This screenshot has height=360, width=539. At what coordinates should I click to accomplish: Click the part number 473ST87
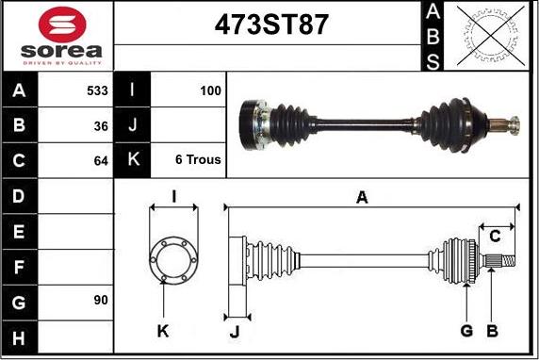pyautogui.click(x=271, y=25)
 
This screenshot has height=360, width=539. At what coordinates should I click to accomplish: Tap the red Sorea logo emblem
pyautogui.click(x=62, y=25)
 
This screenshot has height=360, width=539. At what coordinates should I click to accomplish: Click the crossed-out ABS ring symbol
pyautogui.click(x=491, y=36)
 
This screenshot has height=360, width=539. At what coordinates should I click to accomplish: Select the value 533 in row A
pyautogui.click(x=97, y=90)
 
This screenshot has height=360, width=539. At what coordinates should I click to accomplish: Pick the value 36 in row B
pyautogui.click(x=101, y=126)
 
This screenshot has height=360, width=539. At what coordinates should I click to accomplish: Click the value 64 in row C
pyautogui.click(x=101, y=161)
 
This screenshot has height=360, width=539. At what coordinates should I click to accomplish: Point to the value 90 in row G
pyautogui.click(x=101, y=300)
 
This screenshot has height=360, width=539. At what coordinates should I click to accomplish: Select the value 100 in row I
pyautogui.click(x=210, y=90)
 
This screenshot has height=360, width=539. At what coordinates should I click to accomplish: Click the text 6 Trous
pyautogui.click(x=198, y=159)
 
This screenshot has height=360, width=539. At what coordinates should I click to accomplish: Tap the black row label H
pyautogui.click(x=19, y=338)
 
